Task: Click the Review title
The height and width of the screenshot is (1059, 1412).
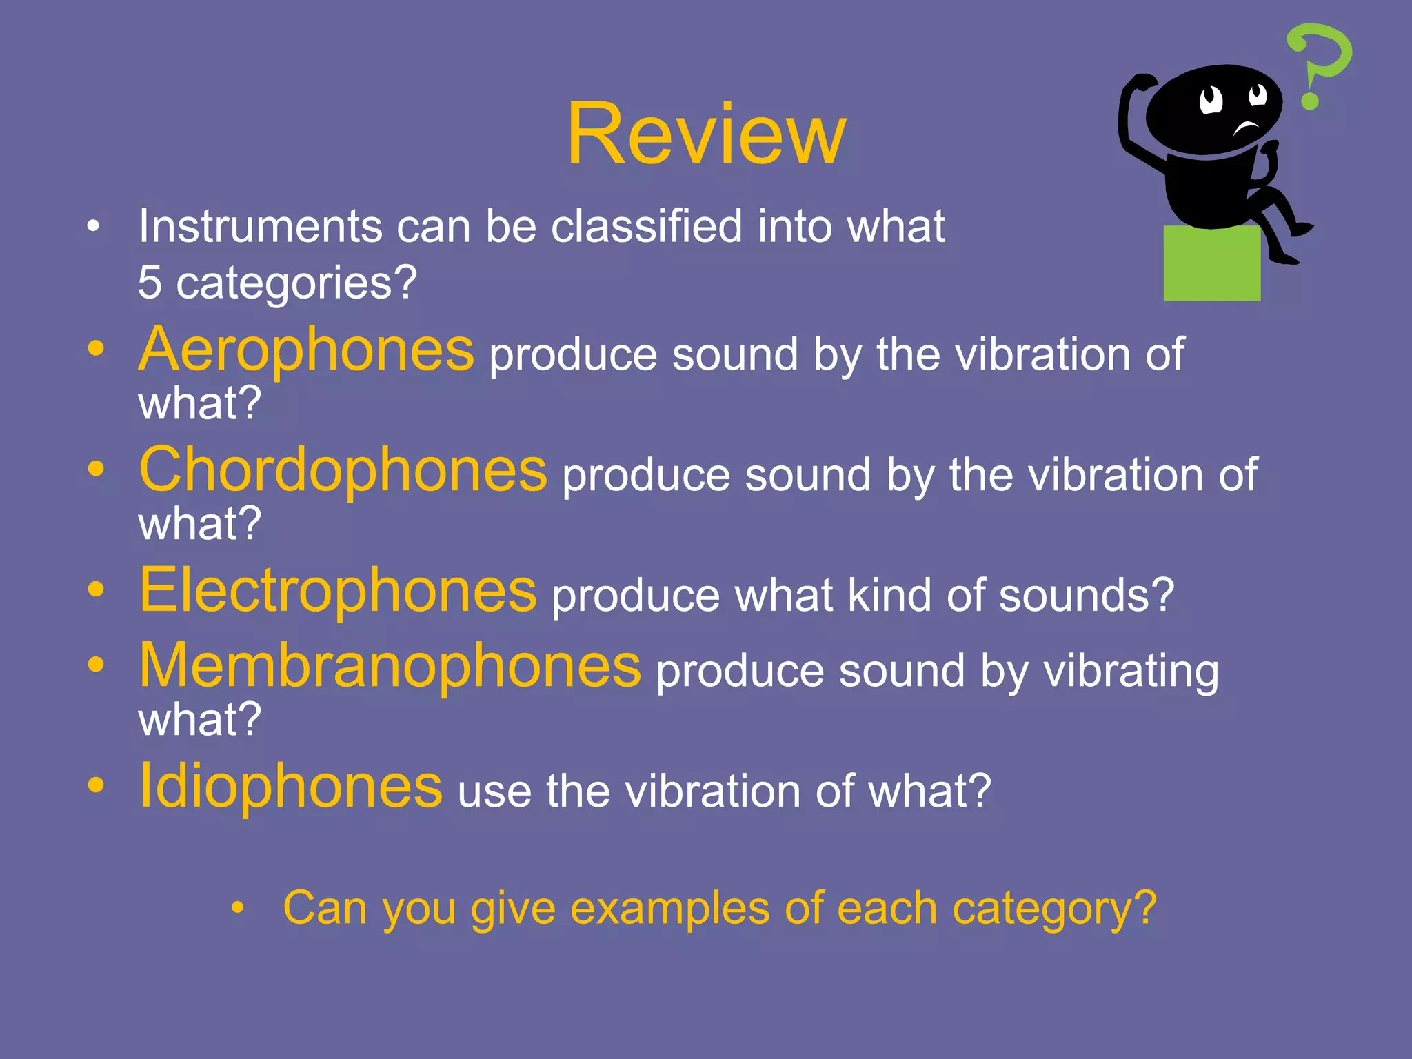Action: click(x=705, y=134)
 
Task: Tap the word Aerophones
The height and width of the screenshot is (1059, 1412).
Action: click(x=306, y=350)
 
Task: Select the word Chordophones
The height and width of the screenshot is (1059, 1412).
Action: click(x=343, y=470)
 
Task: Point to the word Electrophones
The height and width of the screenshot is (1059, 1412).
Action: click(x=337, y=591)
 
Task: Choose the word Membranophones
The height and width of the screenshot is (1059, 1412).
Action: click(x=390, y=666)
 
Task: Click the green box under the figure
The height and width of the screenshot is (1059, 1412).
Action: click(x=1211, y=263)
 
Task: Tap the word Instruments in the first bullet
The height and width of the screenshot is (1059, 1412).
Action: click(x=260, y=227)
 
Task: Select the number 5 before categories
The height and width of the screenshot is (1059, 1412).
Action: click(x=150, y=283)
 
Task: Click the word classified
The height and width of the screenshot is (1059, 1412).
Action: click(x=647, y=227)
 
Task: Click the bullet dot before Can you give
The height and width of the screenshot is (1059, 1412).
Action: click(x=238, y=908)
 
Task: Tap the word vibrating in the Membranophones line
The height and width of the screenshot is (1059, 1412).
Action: click(x=1131, y=672)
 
